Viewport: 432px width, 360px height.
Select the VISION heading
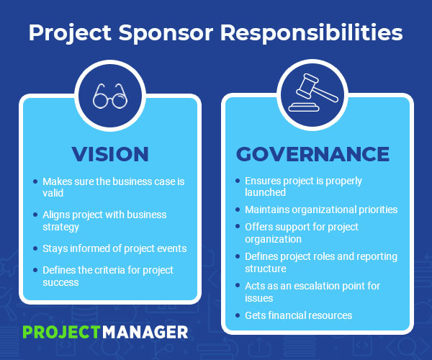(109, 154)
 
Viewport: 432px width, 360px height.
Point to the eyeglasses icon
(109, 96)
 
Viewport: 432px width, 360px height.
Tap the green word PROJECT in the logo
(60, 331)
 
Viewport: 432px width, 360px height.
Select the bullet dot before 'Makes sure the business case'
(35, 181)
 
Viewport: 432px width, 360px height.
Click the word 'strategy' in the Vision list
(61, 226)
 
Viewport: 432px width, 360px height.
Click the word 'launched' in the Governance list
(266, 192)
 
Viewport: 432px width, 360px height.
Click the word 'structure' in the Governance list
(266, 269)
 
